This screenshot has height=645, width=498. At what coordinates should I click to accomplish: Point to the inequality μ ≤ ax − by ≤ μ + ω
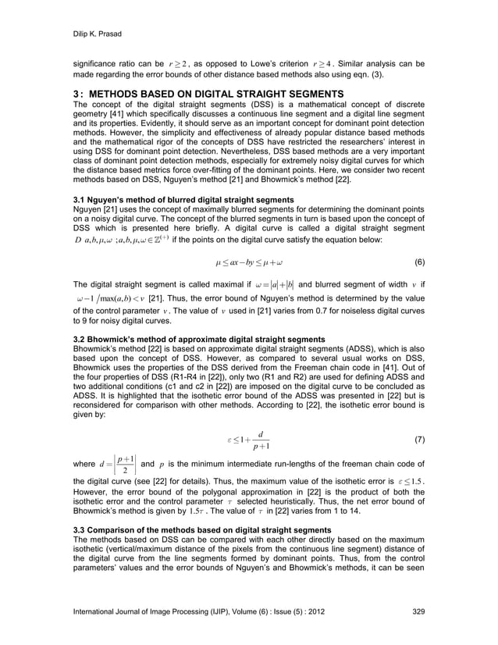(x=248, y=262)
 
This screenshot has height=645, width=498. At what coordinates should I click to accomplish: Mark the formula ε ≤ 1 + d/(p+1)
(x=248, y=440)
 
